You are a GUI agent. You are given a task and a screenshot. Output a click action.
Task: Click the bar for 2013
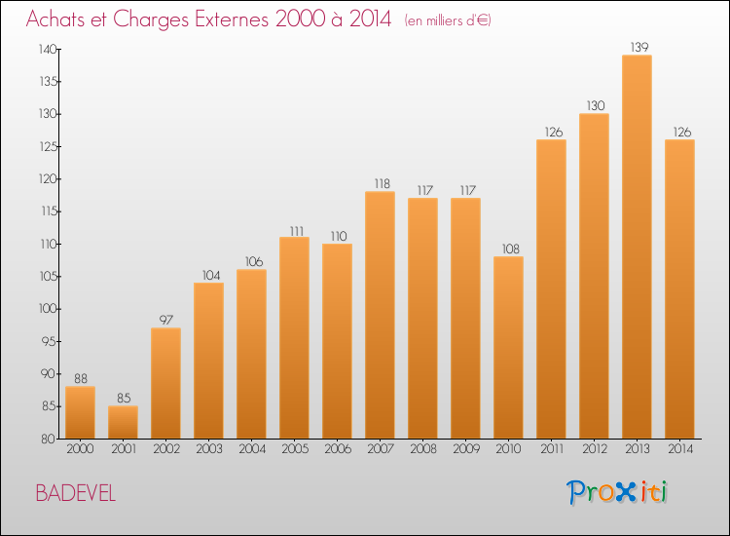637,247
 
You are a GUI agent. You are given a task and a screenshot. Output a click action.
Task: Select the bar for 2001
123,422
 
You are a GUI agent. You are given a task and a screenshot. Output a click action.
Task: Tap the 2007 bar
380,315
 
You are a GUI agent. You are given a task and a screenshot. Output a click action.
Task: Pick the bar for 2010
508,347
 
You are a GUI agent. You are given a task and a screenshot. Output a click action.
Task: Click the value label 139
639,47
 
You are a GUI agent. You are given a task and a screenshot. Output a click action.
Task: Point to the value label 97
166,320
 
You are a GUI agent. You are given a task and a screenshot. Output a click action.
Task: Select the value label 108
511,249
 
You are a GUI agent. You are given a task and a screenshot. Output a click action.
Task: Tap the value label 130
596,106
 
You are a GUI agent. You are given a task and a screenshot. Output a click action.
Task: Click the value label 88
81,378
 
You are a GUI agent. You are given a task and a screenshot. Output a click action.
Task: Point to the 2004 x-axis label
252,449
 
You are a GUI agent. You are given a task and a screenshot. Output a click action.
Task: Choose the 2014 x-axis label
680,449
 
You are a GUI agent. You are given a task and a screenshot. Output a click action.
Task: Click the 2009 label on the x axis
466,449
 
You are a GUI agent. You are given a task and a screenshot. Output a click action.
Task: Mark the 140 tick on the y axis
48,49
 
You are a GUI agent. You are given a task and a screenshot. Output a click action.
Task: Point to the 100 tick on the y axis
48,309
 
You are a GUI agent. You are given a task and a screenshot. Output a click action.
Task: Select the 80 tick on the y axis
49,439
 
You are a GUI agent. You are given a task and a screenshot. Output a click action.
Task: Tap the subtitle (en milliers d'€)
448,20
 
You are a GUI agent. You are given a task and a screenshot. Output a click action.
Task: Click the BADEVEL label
75,493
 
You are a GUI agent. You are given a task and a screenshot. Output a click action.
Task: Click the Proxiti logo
617,492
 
